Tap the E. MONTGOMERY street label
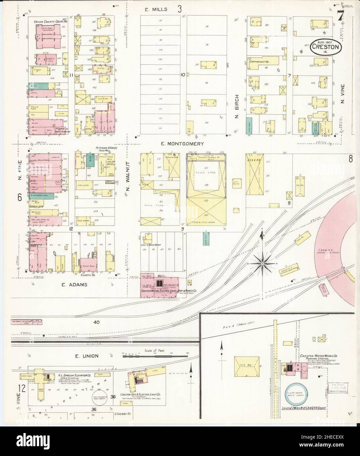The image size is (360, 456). point(183,144)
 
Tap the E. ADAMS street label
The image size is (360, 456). point(75,285)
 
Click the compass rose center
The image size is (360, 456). point(262,263)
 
